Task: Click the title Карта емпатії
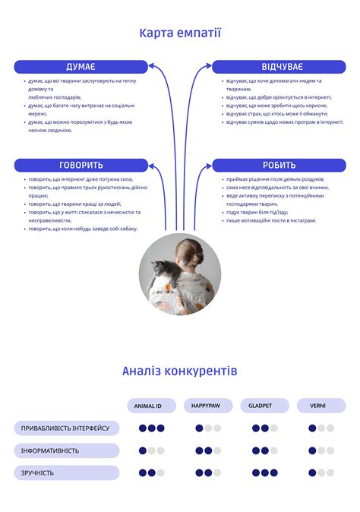(180, 33)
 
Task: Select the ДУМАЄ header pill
(81, 67)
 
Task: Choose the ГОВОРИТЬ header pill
(81, 165)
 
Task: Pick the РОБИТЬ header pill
(279, 165)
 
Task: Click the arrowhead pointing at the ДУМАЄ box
(153, 67)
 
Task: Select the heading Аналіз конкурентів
(180, 371)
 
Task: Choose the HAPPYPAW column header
(207, 406)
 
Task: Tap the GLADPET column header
(261, 406)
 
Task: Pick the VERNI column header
(317, 406)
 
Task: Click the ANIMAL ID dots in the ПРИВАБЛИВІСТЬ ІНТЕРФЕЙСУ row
(151, 428)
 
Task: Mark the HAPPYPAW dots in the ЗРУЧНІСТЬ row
(207, 472)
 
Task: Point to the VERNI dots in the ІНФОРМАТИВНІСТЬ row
(321, 450)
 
